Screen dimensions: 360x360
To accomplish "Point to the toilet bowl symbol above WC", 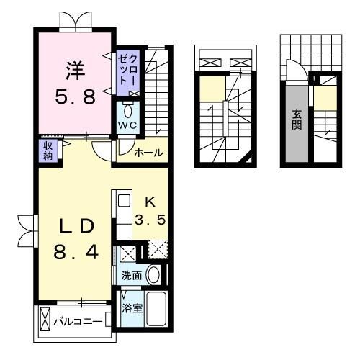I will coord(128,109).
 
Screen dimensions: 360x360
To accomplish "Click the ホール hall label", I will coord(148,153).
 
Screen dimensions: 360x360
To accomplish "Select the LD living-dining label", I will coord(75,225).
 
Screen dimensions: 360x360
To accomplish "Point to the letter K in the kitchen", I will coord(150,202).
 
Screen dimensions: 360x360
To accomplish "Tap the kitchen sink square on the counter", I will coord(122,200).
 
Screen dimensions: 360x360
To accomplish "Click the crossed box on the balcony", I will coord(45,320).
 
